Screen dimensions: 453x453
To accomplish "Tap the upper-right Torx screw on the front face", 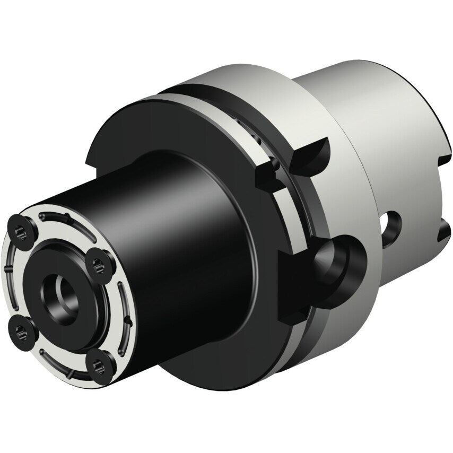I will click(99, 262).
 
